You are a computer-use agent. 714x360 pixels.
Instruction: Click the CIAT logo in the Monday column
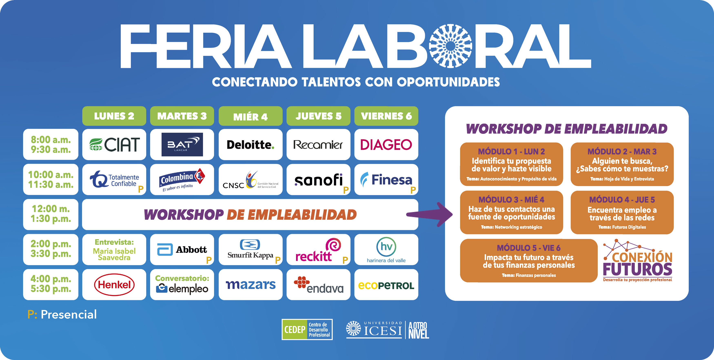(x=114, y=144)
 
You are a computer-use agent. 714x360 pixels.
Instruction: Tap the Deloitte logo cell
(x=251, y=144)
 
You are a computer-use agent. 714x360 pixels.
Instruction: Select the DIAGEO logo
(x=386, y=144)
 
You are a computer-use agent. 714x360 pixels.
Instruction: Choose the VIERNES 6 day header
(x=386, y=116)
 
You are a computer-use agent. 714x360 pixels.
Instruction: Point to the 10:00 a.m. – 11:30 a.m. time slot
(x=51, y=179)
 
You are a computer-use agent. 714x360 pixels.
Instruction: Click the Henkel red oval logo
(x=114, y=284)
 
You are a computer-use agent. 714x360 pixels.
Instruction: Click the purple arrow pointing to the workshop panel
(x=429, y=214)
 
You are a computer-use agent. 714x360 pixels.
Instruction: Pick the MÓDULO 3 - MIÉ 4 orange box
(x=511, y=212)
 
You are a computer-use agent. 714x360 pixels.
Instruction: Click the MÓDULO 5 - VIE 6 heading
(x=529, y=248)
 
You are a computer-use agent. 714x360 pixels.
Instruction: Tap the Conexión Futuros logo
(x=637, y=260)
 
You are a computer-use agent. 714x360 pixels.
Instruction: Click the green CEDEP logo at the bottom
(x=307, y=330)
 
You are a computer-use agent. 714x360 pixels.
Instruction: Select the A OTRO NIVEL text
(x=419, y=330)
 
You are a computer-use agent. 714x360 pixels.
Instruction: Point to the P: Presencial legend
(x=62, y=314)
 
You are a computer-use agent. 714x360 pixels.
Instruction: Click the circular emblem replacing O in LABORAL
(x=451, y=46)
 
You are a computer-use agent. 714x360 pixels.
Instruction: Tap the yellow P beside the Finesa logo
(x=413, y=190)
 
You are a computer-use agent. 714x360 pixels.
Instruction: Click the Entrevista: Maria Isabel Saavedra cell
(x=114, y=250)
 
